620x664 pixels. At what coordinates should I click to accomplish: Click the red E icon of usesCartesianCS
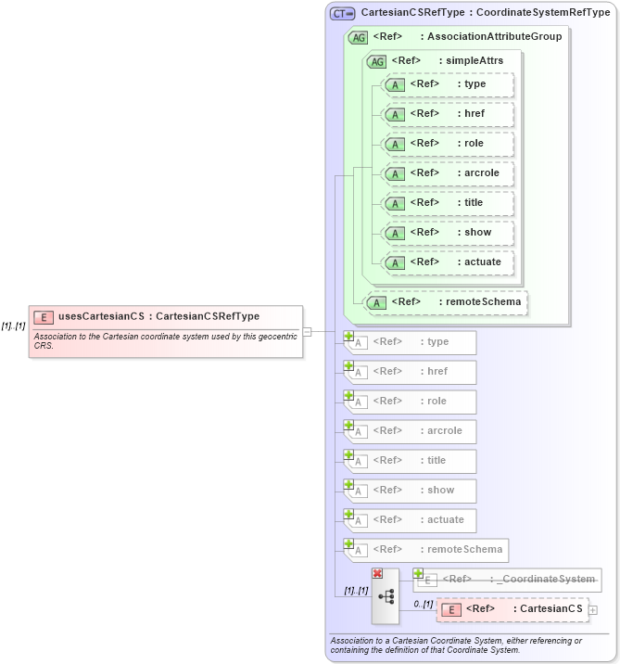[x=44, y=317]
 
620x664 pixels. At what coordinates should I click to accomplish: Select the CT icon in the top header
[x=343, y=14]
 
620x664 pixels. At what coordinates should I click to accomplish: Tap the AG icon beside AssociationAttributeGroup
[x=358, y=38]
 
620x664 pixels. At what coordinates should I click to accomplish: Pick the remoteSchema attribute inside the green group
[x=445, y=301]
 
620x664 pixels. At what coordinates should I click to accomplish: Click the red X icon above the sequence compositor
[x=377, y=574]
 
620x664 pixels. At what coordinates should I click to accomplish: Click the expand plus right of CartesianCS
[x=593, y=609]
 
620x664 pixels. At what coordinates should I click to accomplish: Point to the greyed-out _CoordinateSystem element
[x=507, y=580]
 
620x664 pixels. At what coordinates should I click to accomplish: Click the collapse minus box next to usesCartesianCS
[x=307, y=331]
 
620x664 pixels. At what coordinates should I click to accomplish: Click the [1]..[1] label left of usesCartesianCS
[x=13, y=326]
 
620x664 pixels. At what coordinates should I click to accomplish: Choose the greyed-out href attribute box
[x=411, y=372]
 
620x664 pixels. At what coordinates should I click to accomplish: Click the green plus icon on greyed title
[x=349, y=455]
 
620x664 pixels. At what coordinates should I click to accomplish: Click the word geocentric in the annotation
[x=272, y=336]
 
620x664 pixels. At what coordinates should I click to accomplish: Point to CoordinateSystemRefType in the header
[x=543, y=13]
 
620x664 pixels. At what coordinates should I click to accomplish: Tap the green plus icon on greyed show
[x=349, y=485]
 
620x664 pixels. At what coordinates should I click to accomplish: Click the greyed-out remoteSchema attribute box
[x=426, y=549]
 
